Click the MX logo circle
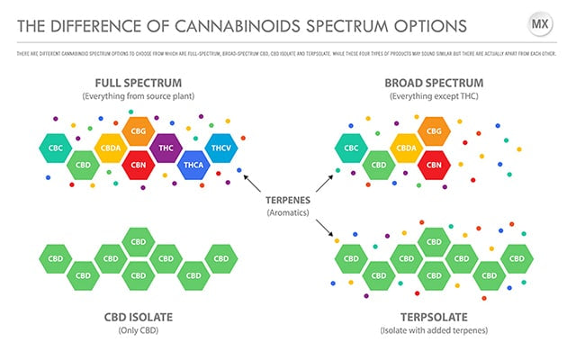click(x=540, y=24)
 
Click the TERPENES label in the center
click(x=288, y=200)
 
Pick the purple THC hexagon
click(x=166, y=148)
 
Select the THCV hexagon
click(x=220, y=148)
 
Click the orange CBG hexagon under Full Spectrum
click(x=139, y=131)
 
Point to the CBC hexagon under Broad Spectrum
click(x=350, y=148)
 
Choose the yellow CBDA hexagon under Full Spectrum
click(x=111, y=148)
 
